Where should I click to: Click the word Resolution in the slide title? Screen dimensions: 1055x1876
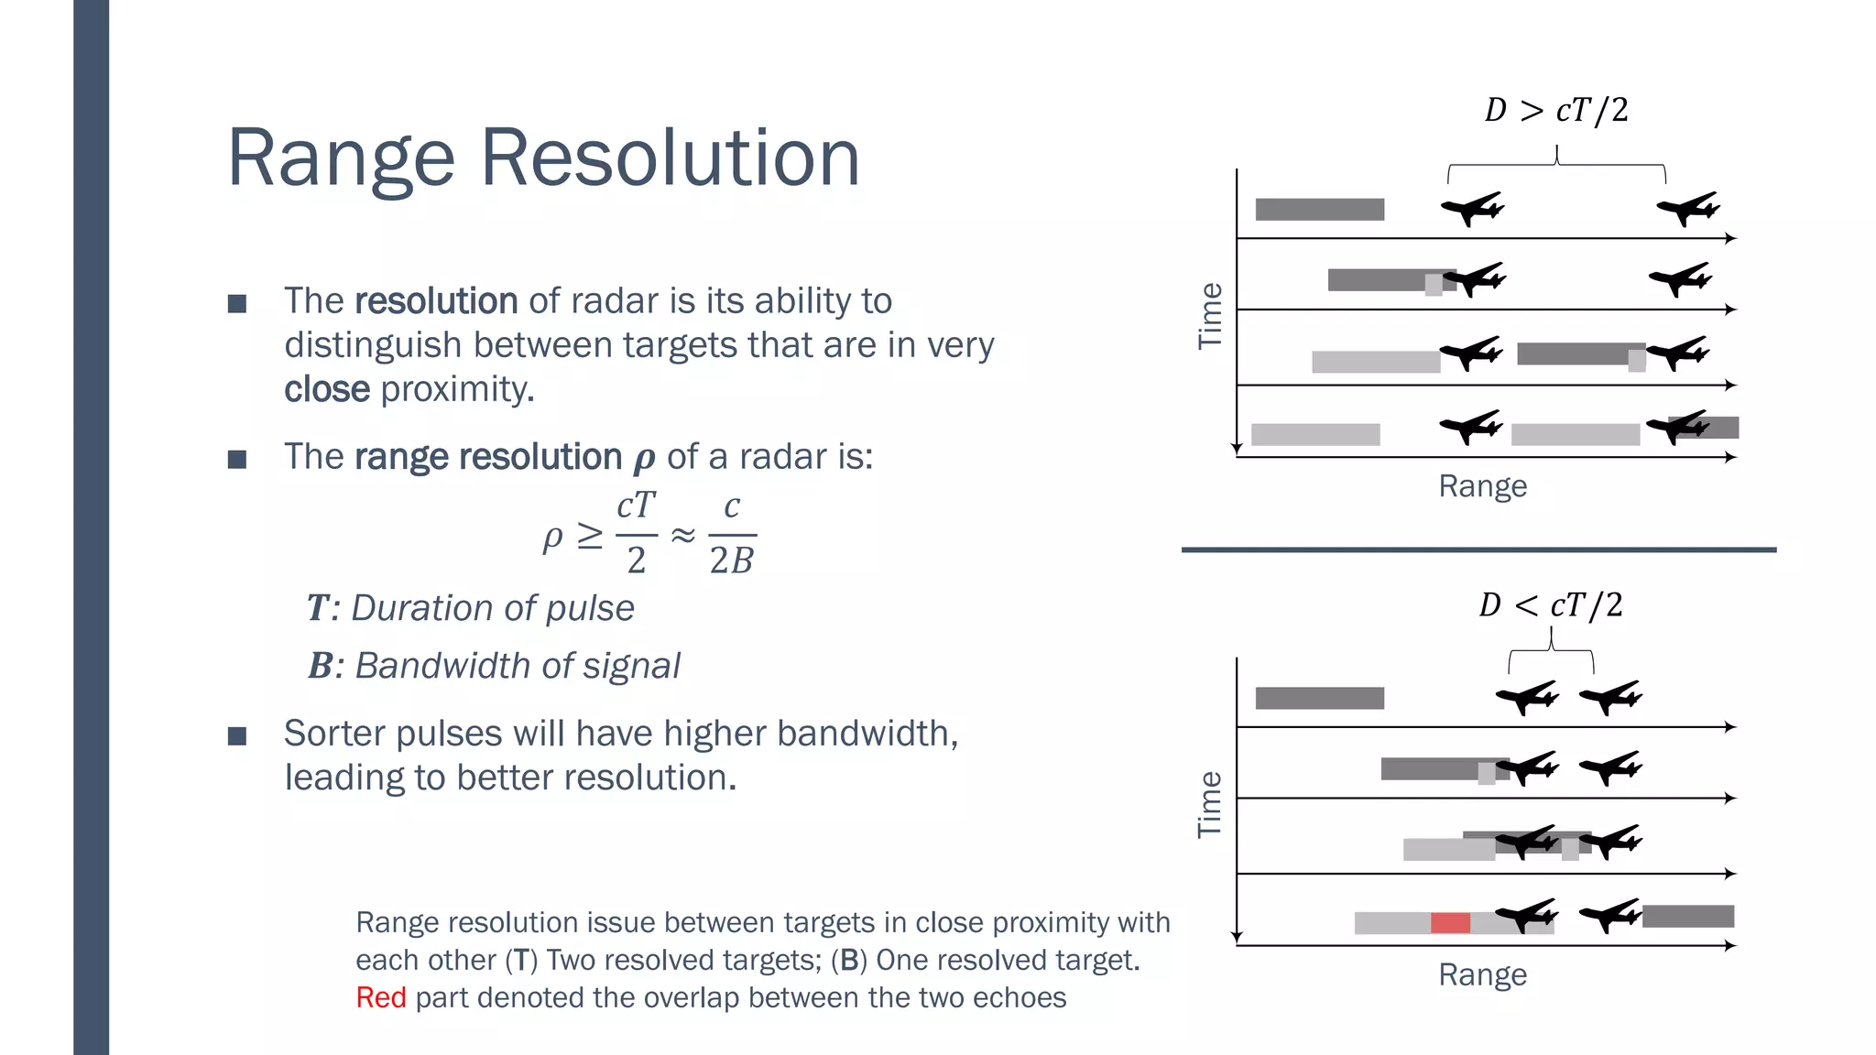[670, 158]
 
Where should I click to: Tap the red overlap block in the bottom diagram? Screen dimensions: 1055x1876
[1450, 922]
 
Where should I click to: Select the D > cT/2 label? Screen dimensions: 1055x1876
[1556, 111]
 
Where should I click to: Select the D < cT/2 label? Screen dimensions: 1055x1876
[1550, 605]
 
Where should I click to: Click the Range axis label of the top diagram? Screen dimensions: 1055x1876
[1482, 486]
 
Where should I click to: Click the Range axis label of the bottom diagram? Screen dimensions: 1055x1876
[1482, 974]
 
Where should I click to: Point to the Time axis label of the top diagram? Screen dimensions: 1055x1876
[1210, 316]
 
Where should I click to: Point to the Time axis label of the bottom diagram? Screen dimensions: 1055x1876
[1210, 804]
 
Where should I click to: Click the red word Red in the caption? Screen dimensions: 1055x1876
[380, 997]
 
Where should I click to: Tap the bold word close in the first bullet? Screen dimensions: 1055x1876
[327, 389]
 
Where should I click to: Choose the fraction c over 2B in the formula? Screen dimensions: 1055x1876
[732, 534]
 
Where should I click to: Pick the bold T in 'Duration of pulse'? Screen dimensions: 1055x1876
[317, 608]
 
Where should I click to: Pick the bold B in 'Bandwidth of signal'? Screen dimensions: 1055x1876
[320, 666]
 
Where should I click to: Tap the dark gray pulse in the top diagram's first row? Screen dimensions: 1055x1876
[1319, 210]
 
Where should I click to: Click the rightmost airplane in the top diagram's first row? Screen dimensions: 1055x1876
[1687, 209]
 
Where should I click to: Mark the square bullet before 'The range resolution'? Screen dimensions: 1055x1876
[237, 459]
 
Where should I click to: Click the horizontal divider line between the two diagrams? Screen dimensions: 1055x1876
[1478, 549]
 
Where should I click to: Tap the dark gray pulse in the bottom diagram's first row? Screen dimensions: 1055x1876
[1319, 698]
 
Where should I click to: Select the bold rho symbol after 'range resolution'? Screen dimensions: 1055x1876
[644, 459]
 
